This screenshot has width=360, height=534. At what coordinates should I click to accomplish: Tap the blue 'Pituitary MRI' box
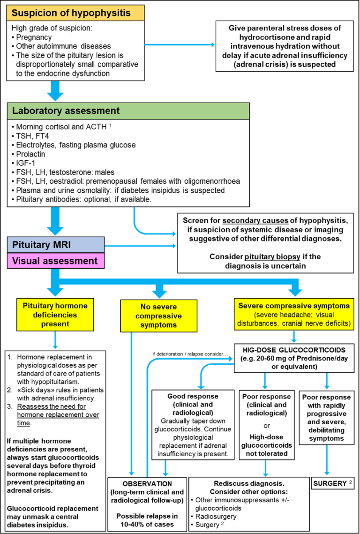click(x=55, y=245)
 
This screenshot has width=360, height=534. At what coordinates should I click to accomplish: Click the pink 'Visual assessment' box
click(x=55, y=261)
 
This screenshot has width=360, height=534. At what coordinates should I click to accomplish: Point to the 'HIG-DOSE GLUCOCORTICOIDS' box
click(x=293, y=358)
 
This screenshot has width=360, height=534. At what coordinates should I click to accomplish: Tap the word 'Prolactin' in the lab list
click(x=28, y=154)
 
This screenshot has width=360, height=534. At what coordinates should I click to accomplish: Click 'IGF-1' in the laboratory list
click(x=23, y=163)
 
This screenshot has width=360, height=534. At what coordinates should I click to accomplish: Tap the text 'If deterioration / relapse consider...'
click(x=189, y=354)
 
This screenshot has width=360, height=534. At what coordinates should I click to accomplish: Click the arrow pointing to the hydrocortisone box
click(x=180, y=45)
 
